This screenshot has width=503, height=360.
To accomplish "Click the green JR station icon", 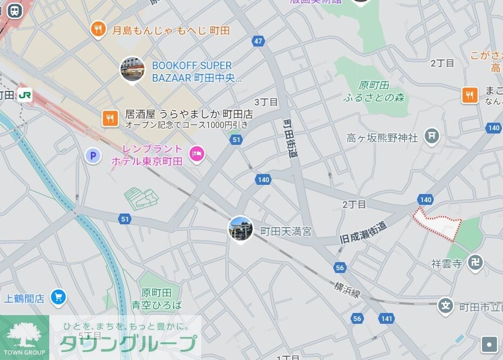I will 24,95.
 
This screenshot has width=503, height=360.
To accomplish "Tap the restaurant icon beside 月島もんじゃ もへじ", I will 98,29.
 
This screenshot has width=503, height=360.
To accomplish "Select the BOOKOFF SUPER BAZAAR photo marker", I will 132,70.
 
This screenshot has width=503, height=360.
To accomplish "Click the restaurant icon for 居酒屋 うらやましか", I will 110,118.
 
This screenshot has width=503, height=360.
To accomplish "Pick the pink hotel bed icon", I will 196,155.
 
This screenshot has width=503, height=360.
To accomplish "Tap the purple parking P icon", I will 94,156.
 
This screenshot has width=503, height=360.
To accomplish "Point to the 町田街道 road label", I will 291,138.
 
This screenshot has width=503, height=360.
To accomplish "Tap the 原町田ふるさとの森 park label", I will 374,91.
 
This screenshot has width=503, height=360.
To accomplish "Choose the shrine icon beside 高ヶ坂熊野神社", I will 432,136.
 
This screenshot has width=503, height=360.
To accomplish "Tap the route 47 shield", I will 257,41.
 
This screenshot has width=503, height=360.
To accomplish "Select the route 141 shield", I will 386,319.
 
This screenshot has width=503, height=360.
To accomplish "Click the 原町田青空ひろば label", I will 161,299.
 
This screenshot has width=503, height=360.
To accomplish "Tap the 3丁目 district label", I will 266,102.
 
